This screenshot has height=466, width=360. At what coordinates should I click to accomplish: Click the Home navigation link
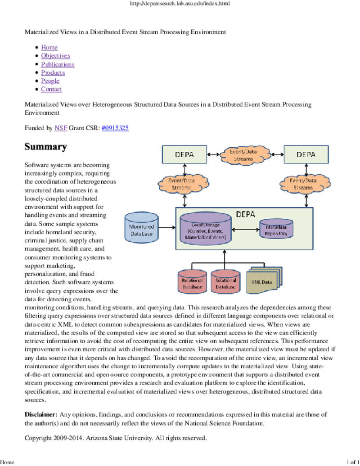pyautogui.click(x=49, y=47)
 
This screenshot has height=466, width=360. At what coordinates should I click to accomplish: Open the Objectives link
pyautogui.click(x=55, y=55)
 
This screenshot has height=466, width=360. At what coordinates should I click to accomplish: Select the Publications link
pyautogui.click(x=58, y=64)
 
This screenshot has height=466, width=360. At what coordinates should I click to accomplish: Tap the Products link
pyautogui.click(x=53, y=72)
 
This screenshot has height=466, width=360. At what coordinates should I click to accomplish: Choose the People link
pyautogui.click(x=50, y=81)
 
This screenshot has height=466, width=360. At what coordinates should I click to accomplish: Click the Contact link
pyautogui.click(x=52, y=89)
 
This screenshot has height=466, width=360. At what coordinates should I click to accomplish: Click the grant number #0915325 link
pyautogui.click(x=115, y=128)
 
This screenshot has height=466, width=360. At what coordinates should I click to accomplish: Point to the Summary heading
pyautogui.click(x=46, y=147)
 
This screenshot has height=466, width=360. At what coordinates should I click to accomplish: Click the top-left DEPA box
pyautogui.click(x=184, y=154)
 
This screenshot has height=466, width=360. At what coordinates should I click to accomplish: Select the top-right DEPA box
pyautogui.click(x=306, y=154)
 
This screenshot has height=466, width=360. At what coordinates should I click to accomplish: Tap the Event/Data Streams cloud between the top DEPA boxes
pyautogui.click(x=245, y=154)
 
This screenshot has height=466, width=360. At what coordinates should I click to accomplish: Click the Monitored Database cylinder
pyautogui.click(x=141, y=228)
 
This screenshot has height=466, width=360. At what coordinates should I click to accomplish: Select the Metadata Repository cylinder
pyautogui.click(x=276, y=229)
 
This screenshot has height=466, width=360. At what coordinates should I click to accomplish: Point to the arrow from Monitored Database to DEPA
pyautogui.click(x=167, y=228)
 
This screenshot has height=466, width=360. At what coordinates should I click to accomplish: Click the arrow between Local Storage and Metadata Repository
pyautogui.click(x=245, y=230)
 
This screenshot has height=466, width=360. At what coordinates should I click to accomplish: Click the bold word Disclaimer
pyautogui.click(x=41, y=415)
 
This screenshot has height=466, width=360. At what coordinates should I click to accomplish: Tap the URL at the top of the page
pyautogui.click(x=180, y=4)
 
